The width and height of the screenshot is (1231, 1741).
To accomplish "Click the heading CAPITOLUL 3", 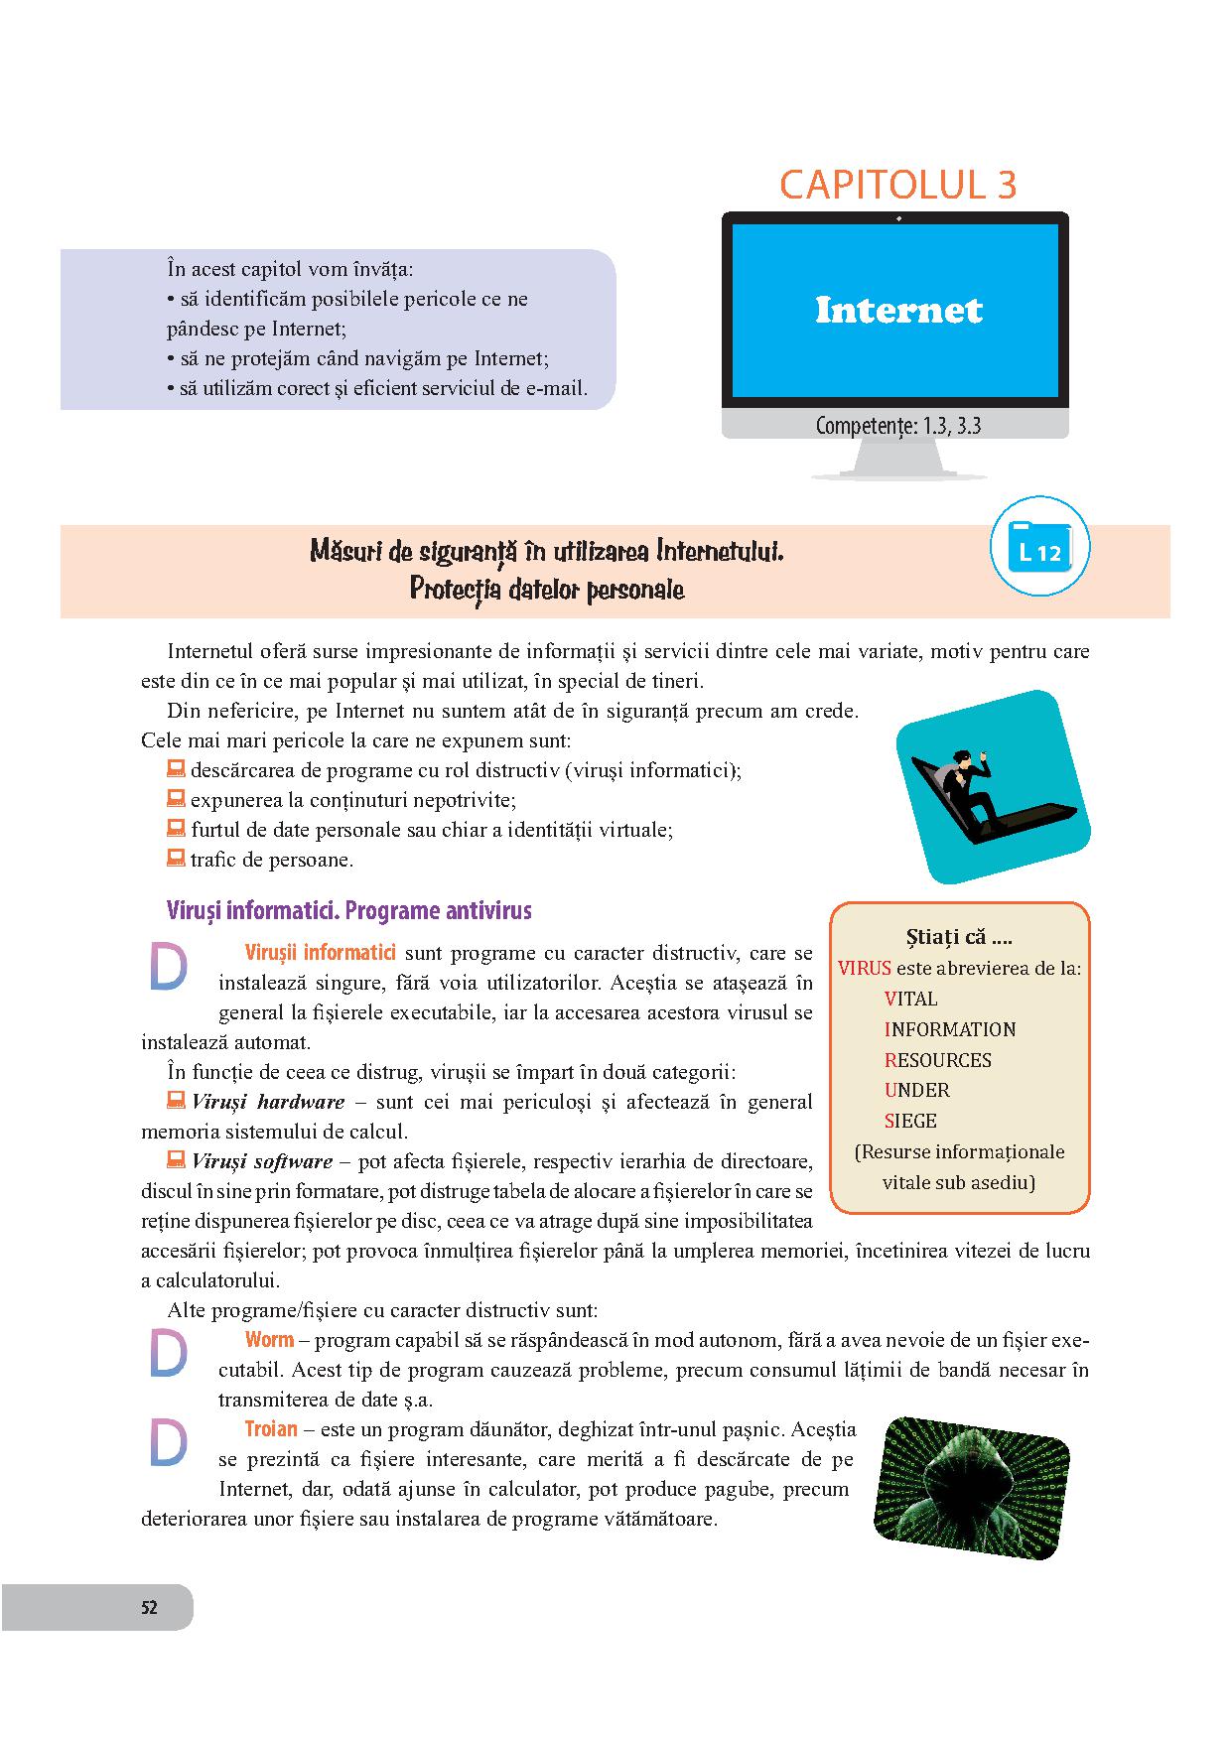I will pos(897,186).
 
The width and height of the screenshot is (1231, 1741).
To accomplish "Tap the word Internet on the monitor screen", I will pos(897,310).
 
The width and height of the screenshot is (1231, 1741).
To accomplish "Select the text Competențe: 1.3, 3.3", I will pos(897,426).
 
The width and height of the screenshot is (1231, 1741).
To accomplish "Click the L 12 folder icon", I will pos(1039,546).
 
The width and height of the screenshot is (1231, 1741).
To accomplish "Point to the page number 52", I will pos(149,1608).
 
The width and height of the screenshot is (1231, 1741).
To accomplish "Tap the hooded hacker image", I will pos(972,1486).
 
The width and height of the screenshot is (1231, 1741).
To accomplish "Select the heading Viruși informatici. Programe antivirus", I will pos(349,910).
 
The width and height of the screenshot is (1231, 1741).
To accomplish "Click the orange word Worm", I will pos(269,1340).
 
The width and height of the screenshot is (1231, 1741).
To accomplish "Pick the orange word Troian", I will pos(271,1429).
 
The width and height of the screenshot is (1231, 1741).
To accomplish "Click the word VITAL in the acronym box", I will pos(910,999).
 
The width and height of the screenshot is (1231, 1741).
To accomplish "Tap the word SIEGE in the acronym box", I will pos(910,1121).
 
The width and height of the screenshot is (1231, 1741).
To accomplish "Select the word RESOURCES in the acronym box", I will pos(937,1060).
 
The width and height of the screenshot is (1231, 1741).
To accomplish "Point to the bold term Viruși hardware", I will pos(268,1102).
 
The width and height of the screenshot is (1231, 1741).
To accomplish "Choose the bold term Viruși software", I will pos(262,1161).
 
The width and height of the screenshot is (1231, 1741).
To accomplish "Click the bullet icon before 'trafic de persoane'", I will pos(176,859).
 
